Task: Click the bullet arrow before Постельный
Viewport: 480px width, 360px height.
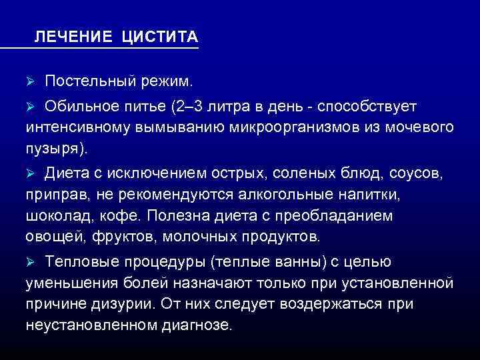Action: (29, 83)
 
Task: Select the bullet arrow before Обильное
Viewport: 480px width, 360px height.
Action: (29, 107)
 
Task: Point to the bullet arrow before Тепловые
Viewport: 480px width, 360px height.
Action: (29, 261)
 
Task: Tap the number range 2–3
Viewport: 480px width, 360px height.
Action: (189, 107)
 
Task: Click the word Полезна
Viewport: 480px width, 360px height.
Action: (177, 216)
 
